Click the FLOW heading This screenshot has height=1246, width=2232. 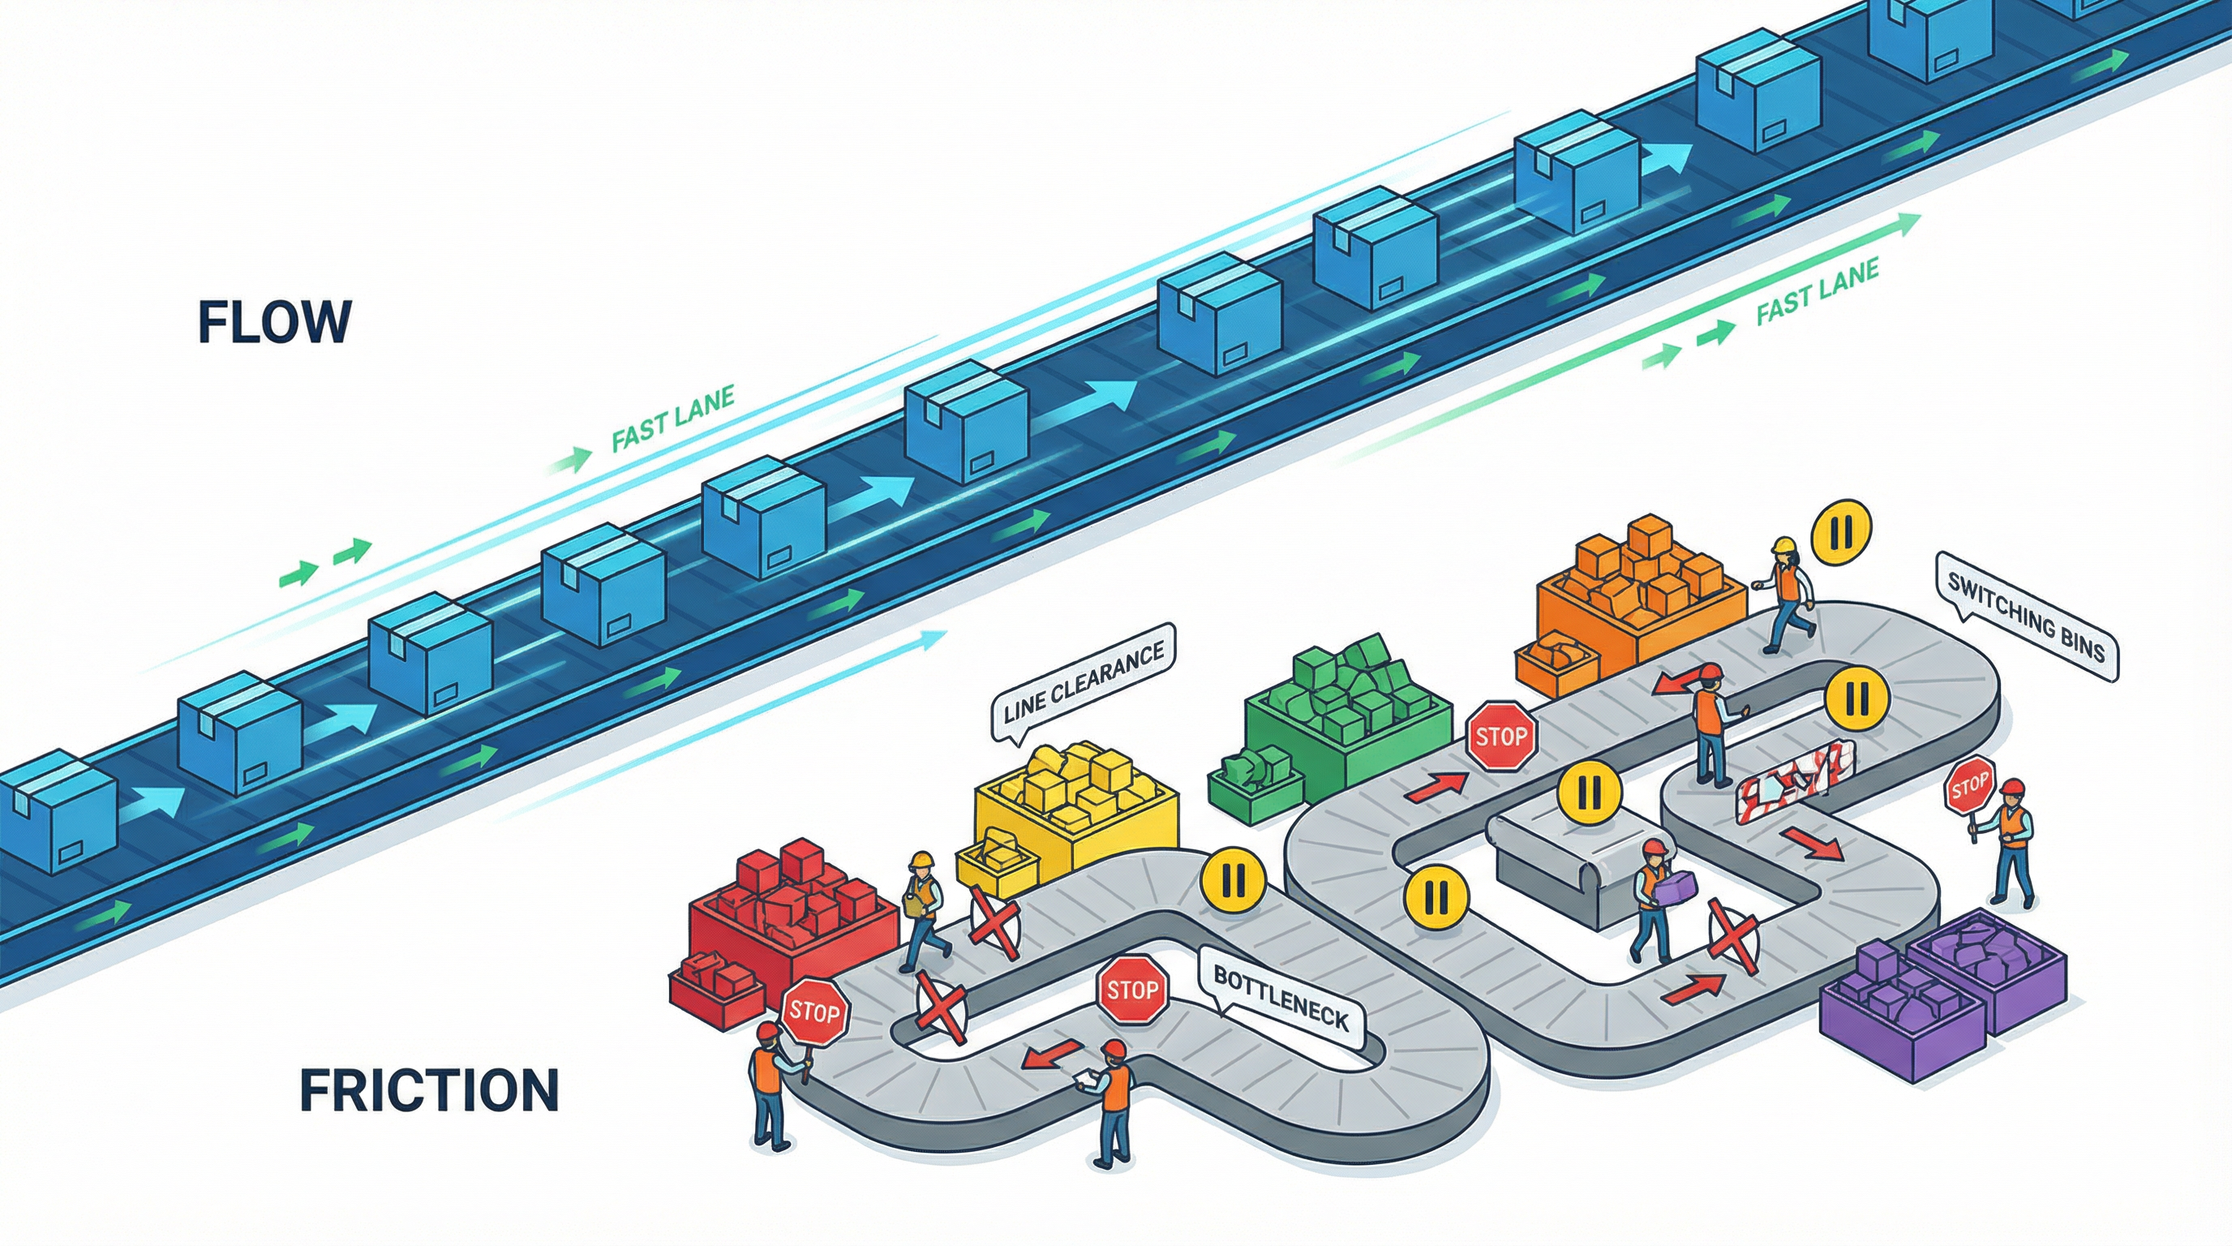tap(275, 322)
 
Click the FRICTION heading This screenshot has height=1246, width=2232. tap(429, 1090)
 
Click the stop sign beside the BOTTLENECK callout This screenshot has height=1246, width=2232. tap(1132, 990)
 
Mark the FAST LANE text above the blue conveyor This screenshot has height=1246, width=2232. tap(672, 419)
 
